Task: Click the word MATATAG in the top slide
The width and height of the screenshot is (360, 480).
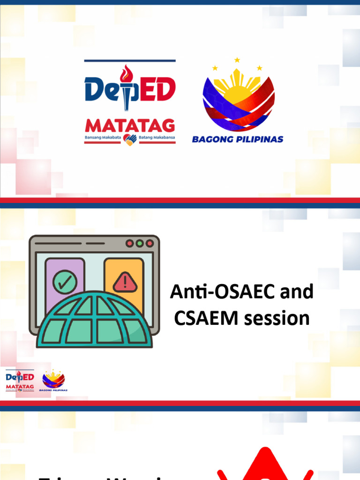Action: [x=130, y=126]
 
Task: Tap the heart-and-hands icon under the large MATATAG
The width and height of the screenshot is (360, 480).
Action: [x=130, y=139]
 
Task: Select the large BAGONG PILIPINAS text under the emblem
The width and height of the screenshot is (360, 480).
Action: [x=238, y=139]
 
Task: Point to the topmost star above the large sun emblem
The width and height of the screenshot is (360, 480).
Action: [x=237, y=60]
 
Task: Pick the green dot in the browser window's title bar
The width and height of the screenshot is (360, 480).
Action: [x=140, y=243]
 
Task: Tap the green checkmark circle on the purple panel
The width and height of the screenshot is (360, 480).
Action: [x=65, y=282]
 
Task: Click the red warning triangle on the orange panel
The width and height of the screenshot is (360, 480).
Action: [x=125, y=282]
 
